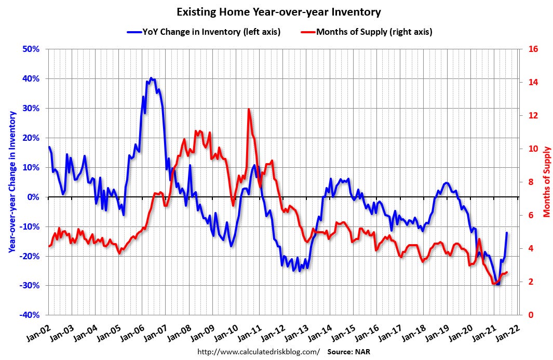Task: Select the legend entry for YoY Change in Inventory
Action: coord(204,32)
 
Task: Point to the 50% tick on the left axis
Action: coord(31,49)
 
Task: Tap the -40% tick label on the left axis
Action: coord(30,315)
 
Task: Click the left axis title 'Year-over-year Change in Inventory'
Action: coord(11,183)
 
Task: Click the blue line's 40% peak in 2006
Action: coord(151,78)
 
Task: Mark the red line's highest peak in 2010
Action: coord(249,109)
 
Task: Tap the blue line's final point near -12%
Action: coord(507,233)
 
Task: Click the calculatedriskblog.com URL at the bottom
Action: coord(258,352)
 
